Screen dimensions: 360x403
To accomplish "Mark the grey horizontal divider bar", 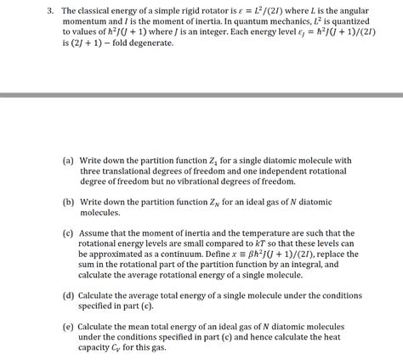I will coord(201,94).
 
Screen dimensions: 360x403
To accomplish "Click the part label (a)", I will coord(68,160).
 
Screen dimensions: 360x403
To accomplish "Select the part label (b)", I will coord(68,203).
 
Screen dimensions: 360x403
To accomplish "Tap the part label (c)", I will coord(68,233).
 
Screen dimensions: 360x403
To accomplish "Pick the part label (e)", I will coord(68,327).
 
